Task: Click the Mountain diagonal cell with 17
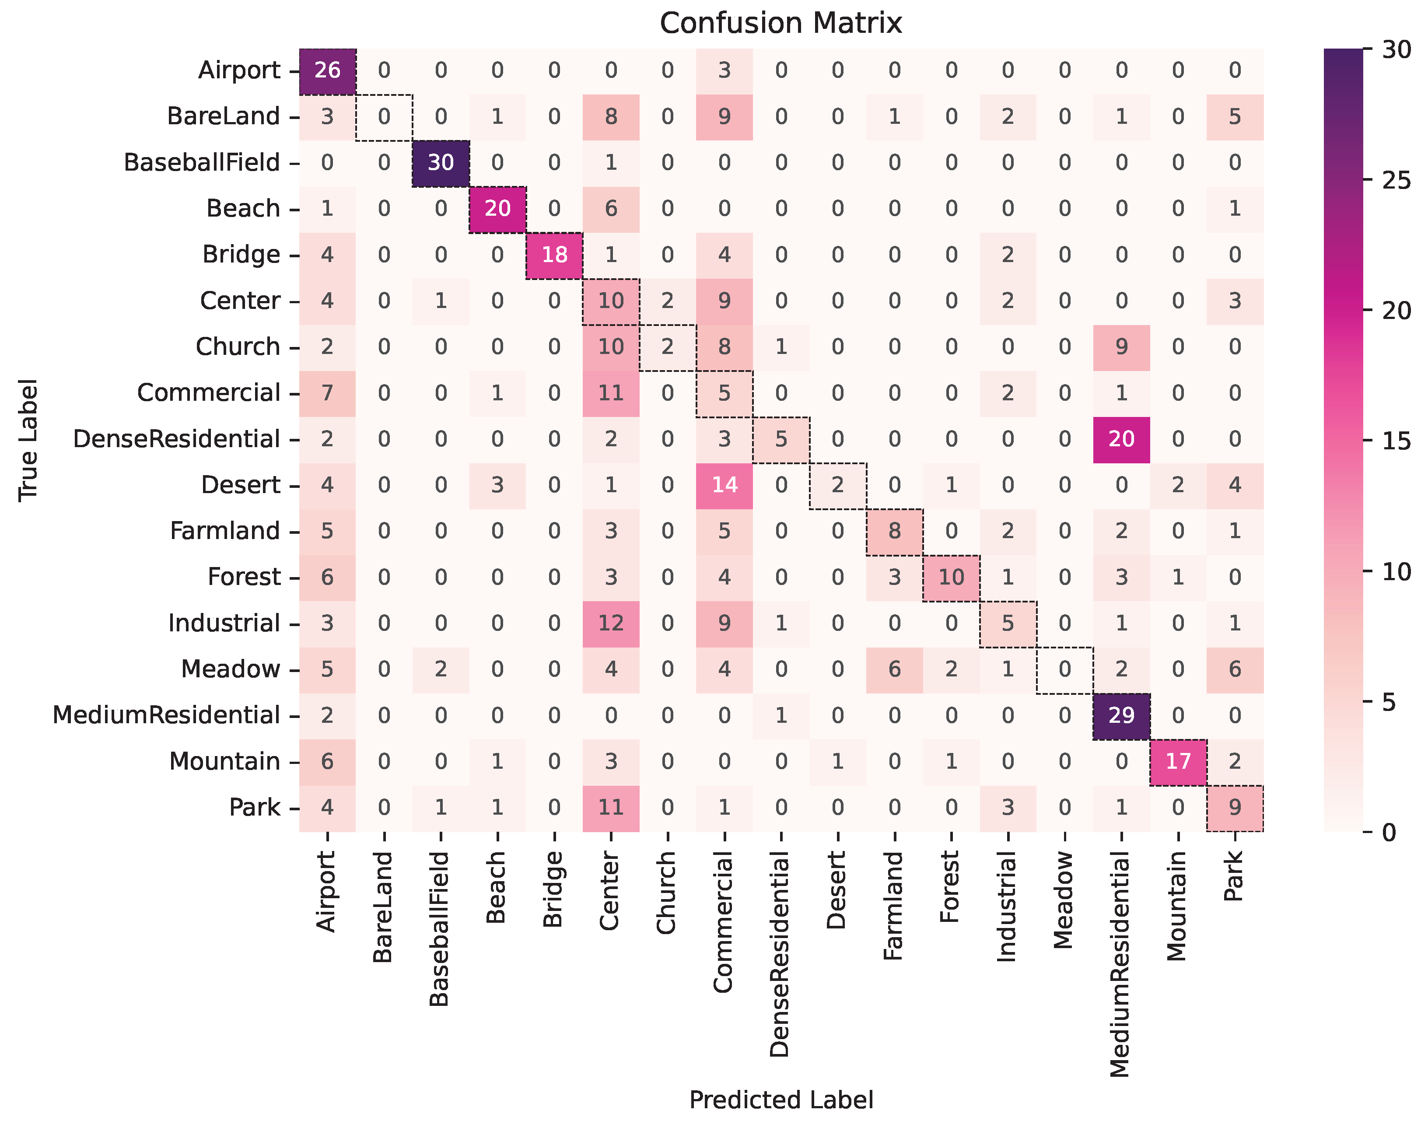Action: (1178, 761)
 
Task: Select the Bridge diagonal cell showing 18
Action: (555, 254)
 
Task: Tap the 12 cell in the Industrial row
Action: (611, 623)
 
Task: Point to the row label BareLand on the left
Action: (224, 116)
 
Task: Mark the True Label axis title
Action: (28, 440)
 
